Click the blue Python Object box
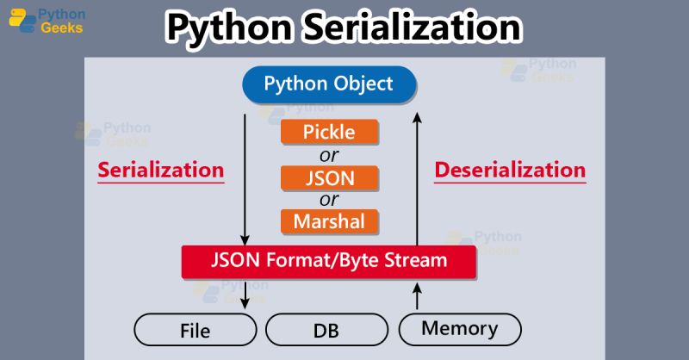(329, 84)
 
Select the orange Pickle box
(329, 132)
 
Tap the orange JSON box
(329, 177)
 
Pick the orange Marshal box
(329, 221)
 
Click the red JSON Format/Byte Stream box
(329, 260)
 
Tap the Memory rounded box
(460, 328)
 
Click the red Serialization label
(161, 170)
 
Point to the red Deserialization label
(510, 170)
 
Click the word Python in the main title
(226, 28)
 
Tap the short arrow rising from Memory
(418, 295)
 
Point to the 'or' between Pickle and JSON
(329, 155)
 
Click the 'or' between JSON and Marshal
(329, 200)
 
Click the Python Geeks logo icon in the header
(22, 21)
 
